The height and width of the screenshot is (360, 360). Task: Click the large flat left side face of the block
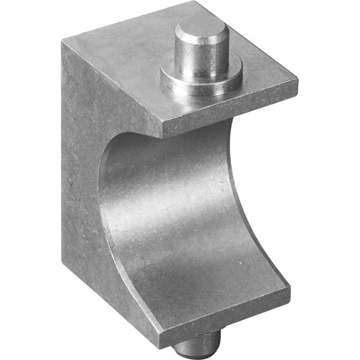point(81,180)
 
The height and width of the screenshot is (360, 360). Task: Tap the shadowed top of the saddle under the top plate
point(180,141)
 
